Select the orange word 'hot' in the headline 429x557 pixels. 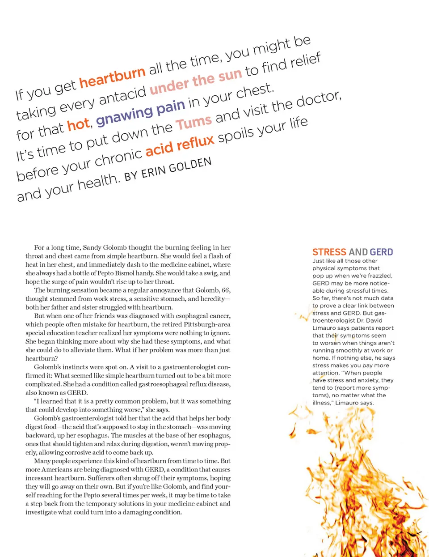[x=79, y=125]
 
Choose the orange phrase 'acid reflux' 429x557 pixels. [x=180, y=145]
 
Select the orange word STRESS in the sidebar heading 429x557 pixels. [x=329, y=252]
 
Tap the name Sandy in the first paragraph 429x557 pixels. [x=92, y=247]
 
